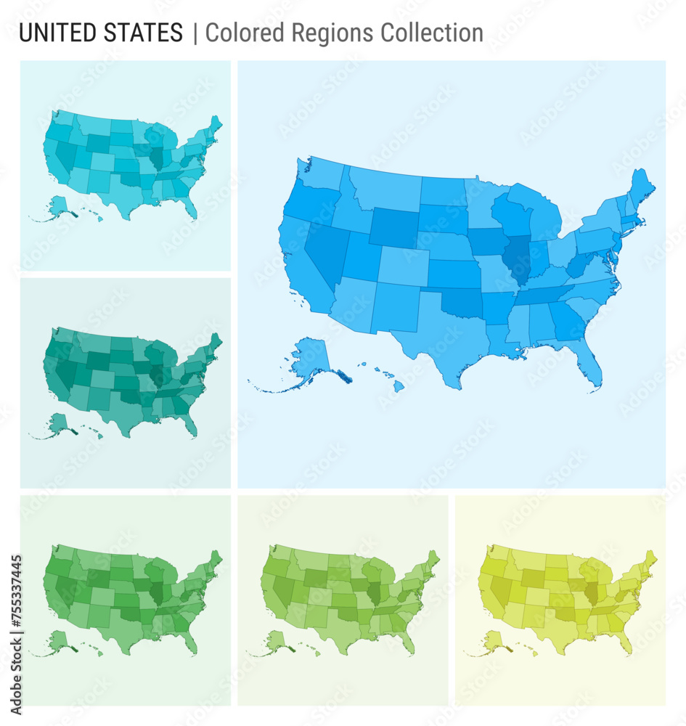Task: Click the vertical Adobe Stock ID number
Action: coord(16,617)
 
